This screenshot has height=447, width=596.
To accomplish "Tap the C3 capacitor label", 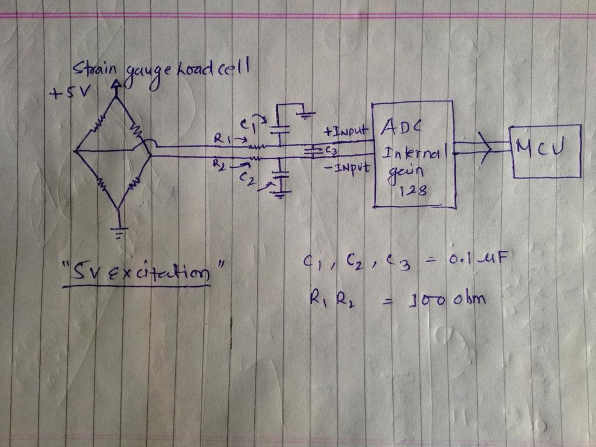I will [331, 150].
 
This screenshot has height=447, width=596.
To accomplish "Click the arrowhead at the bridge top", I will [117, 86].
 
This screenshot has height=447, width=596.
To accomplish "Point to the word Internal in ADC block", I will [414, 155].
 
